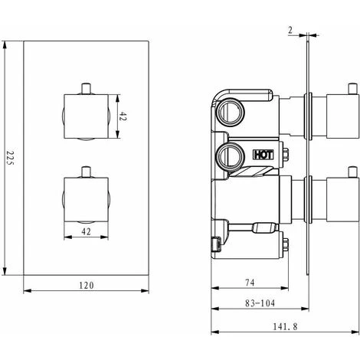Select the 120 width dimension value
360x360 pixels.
point(87,285)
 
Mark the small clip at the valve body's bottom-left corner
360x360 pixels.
point(216,244)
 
